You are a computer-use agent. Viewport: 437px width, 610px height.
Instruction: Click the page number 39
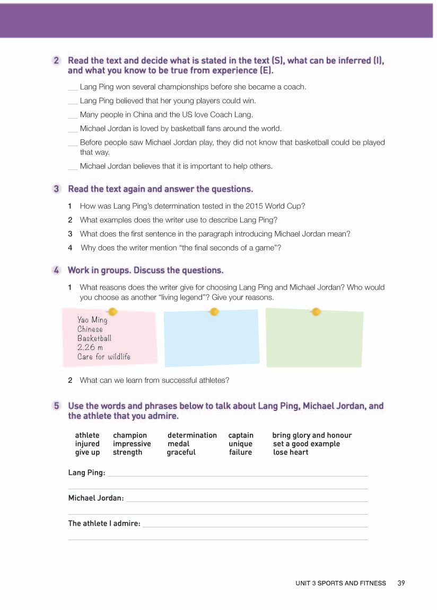tap(401, 583)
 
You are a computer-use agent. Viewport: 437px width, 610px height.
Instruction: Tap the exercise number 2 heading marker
tap(56, 61)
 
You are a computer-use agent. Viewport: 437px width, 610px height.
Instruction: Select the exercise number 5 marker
tap(56, 406)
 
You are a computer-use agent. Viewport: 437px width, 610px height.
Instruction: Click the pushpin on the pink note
tap(112, 312)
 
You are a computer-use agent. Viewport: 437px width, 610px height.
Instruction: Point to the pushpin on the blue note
tap(214, 312)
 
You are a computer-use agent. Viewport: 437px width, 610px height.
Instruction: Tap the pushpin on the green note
tap(316, 311)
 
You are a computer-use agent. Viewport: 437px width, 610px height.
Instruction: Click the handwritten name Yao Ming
tap(92, 320)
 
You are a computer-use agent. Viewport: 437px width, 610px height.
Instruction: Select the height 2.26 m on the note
tap(90, 347)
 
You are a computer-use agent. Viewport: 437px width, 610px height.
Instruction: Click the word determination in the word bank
tap(192, 435)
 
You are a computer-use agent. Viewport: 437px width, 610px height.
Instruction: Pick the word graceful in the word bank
tap(181, 452)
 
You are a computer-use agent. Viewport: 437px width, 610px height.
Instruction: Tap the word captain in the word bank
tap(241, 435)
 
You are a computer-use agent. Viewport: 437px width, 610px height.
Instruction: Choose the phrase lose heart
tap(291, 452)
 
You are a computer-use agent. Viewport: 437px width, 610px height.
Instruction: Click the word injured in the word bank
tap(87, 444)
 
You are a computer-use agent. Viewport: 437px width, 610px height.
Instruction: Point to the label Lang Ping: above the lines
tap(86, 472)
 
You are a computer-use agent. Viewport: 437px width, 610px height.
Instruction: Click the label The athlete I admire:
tap(104, 523)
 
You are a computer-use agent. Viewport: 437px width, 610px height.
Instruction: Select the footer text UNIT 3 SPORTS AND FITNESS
tap(340, 583)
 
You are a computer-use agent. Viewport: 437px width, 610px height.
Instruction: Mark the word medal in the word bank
tap(178, 444)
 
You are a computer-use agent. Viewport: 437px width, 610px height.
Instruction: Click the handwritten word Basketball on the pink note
tap(94, 338)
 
